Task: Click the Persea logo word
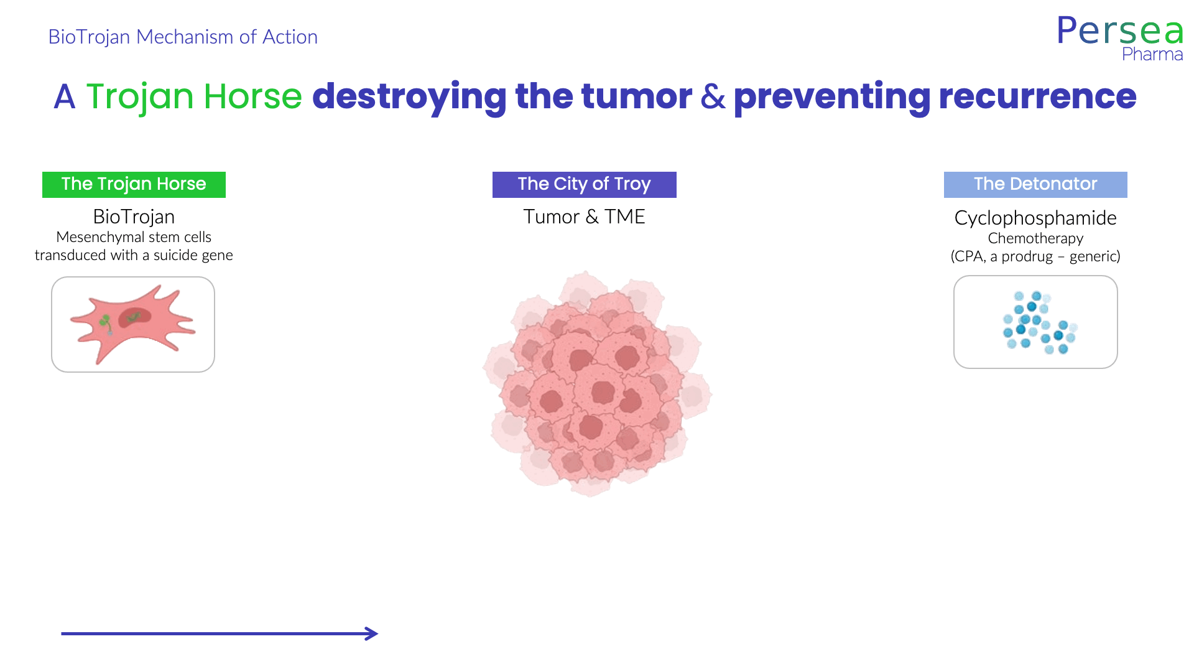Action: coord(1120,30)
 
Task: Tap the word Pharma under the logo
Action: coord(1152,54)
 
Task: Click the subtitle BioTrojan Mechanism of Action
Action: coord(183,37)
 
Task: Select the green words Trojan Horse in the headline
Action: coord(194,96)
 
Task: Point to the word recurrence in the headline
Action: coord(1037,96)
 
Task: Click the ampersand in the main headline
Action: coord(713,96)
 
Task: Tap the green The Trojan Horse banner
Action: coord(134,185)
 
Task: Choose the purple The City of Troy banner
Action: coord(585,185)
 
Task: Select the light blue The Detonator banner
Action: coord(1035,185)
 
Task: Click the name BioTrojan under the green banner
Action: coord(134,217)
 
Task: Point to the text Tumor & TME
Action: coord(584,217)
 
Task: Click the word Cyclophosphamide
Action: coord(1035,218)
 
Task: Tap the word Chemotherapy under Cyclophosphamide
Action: coord(1035,238)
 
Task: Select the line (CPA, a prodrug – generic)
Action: coord(1035,256)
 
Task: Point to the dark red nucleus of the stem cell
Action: coord(135,317)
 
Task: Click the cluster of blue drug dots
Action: coord(1040,322)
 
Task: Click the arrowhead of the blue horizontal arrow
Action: coord(372,633)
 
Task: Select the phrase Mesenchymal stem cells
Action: coord(134,237)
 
